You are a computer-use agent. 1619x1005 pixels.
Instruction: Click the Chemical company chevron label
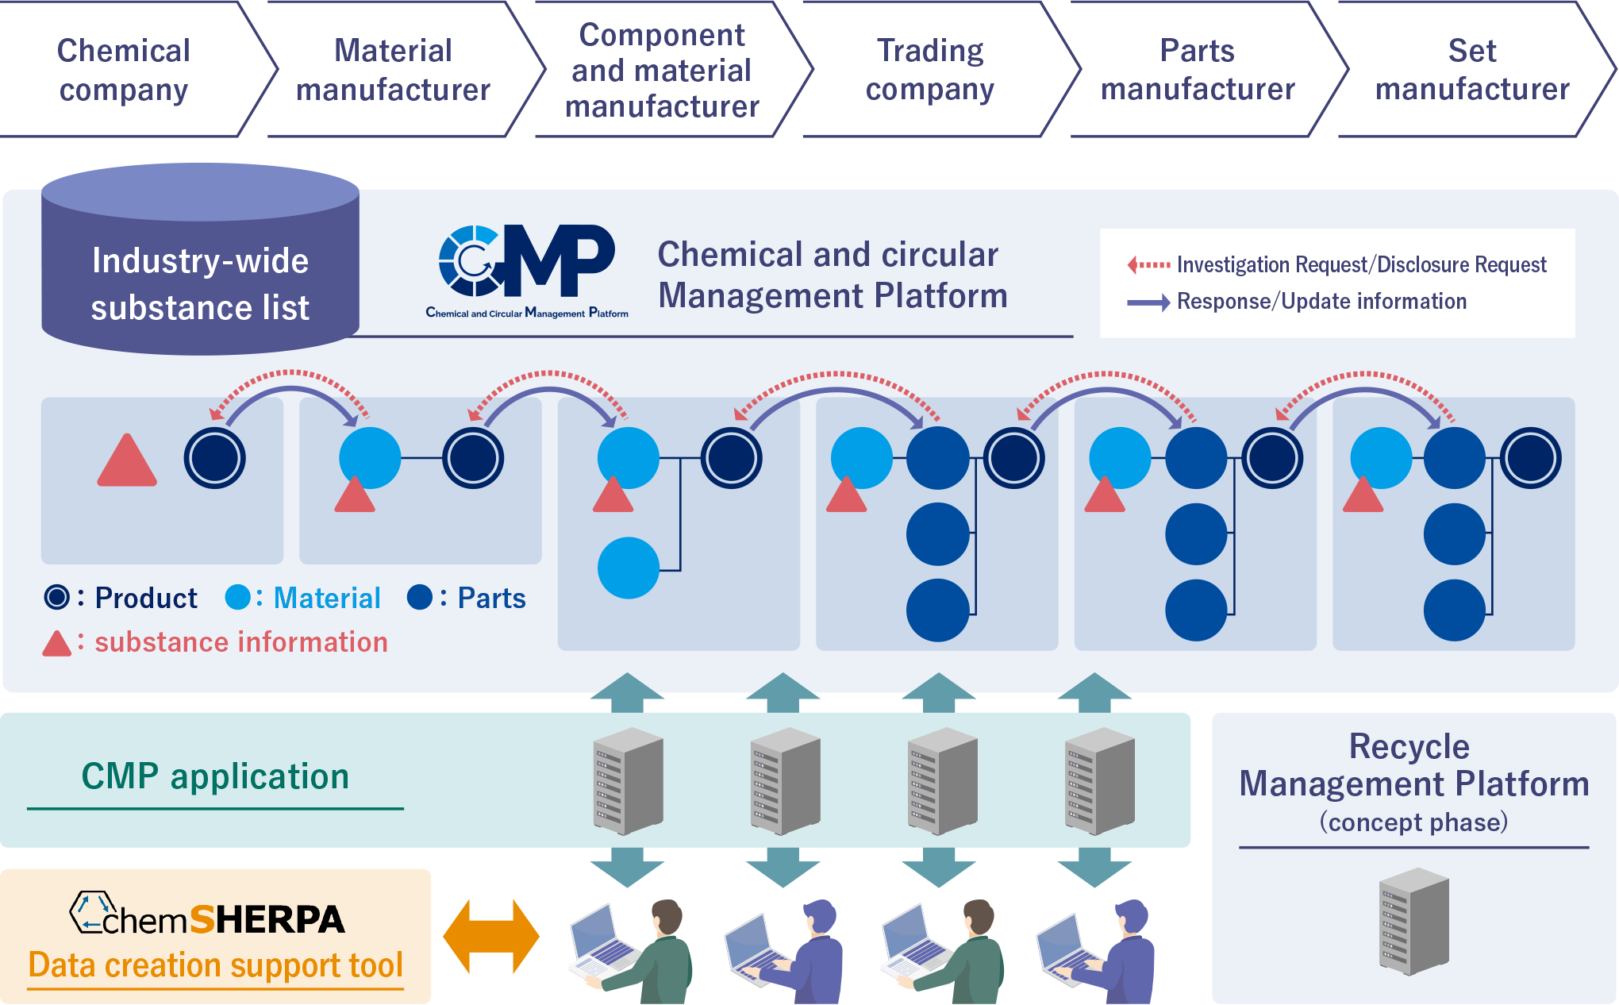coord(124,70)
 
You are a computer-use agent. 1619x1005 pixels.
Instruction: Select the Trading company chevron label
coord(929,70)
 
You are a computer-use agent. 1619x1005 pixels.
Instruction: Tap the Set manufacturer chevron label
coord(1472,70)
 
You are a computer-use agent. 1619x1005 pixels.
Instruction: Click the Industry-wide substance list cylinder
coord(200,262)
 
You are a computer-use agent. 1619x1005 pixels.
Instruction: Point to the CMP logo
coord(527,270)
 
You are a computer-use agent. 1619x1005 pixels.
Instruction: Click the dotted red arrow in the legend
coord(1148,264)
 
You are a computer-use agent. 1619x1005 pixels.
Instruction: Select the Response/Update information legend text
coord(1321,302)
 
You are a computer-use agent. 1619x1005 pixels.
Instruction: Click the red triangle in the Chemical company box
coord(127,462)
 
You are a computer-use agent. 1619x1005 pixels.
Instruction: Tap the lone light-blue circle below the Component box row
coord(629,568)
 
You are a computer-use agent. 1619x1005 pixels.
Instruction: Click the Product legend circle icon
coord(57,597)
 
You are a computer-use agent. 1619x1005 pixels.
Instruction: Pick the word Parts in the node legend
coord(491,598)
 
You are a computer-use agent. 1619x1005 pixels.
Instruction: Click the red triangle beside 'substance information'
coord(56,644)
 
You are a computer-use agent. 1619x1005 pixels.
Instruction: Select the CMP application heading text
coord(215,776)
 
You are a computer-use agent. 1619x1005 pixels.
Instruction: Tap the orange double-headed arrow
coord(491,937)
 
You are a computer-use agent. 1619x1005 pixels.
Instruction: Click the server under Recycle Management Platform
coord(1414,922)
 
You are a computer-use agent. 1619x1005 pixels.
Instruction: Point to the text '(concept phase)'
coord(1413,822)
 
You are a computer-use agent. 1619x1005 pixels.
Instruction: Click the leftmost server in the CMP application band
coord(628,781)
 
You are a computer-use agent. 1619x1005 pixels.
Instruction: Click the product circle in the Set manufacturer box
coord(1531,458)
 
